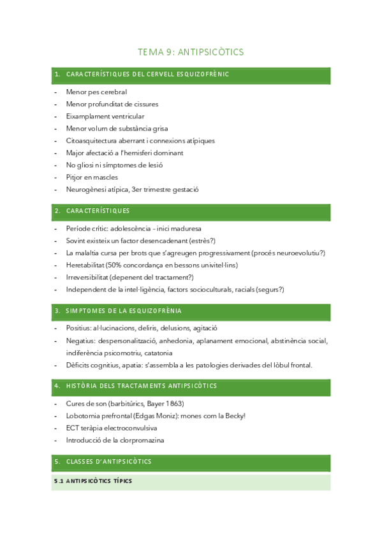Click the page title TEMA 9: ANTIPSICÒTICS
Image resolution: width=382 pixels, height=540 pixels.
coord(191,52)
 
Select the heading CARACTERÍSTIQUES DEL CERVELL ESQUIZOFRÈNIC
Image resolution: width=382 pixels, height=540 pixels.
coord(147,75)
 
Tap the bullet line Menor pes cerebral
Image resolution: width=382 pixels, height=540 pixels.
coord(96,92)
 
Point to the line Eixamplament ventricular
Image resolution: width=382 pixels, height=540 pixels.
coord(105,117)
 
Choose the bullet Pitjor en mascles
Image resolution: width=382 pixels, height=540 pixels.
coord(92,177)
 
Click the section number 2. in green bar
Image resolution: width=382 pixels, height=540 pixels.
coord(57,211)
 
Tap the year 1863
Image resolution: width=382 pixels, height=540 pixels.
coord(175,404)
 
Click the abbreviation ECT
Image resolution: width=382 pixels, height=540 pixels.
coord(72,428)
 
